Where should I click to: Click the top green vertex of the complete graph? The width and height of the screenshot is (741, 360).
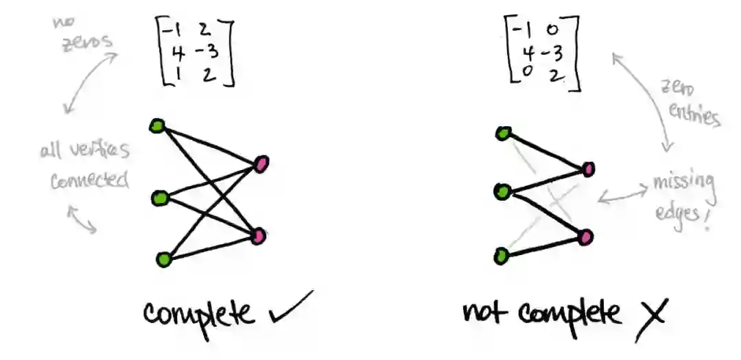coord(157,126)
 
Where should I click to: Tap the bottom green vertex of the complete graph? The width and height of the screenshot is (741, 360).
coord(163,259)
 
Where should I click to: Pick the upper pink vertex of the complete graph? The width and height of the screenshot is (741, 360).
coord(261,164)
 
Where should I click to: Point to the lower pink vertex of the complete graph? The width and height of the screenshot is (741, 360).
coord(258,237)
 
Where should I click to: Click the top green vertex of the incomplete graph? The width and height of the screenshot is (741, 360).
coord(502,134)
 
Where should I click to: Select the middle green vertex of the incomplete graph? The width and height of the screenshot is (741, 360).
coord(501,192)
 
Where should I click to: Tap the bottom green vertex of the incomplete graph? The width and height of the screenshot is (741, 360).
coord(502,257)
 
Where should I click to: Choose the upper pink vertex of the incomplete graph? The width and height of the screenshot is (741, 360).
coord(588,169)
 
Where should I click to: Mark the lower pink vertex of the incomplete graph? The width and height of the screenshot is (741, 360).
coord(585,237)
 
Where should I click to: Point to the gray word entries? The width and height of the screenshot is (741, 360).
coord(696,115)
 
